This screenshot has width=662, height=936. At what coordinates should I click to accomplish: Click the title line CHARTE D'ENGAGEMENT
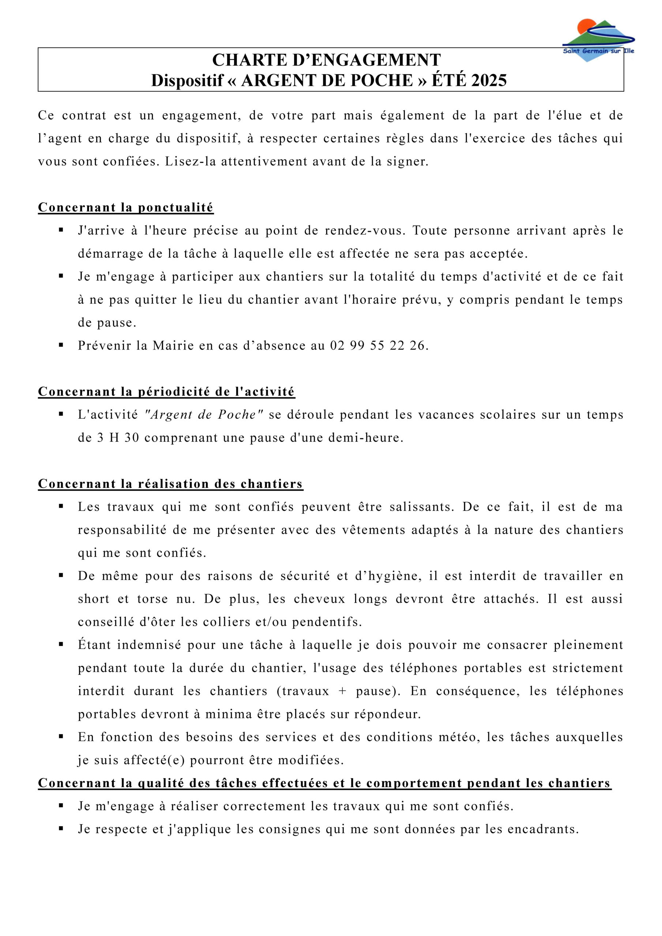pyautogui.click(x=326, y=60)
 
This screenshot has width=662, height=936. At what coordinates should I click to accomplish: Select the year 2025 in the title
pyautogui.click(x=489, y=80)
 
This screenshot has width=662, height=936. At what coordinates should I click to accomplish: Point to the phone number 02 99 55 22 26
pyautogui.click(x=378, y=346)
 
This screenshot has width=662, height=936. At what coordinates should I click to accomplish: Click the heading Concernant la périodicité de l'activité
pyautogui.click(x=166, y=391)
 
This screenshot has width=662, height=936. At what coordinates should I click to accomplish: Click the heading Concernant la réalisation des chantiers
pyautogui.click(x=170, y=483)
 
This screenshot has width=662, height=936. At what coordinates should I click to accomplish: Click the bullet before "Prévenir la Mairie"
pyautogui.click(x=61, y=345)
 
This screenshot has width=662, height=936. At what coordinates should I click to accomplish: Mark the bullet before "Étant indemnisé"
pyautogui.click(x=61, y=645)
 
